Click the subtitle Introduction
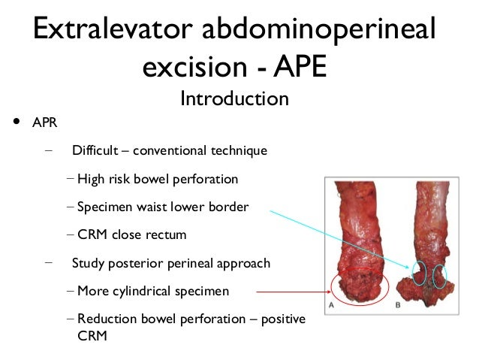(234, 98)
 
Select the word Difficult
(95, 150)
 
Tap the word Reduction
(106, 319)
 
